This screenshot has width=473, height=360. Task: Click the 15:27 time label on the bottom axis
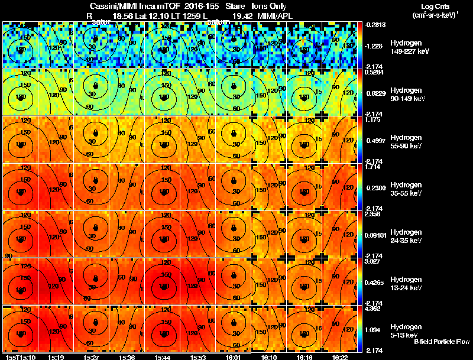coord(91,357)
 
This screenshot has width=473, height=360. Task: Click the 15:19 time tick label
coord(56,357)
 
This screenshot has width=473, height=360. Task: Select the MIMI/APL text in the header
coord(271,15)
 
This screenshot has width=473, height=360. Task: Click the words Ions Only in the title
coord(269,7)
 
